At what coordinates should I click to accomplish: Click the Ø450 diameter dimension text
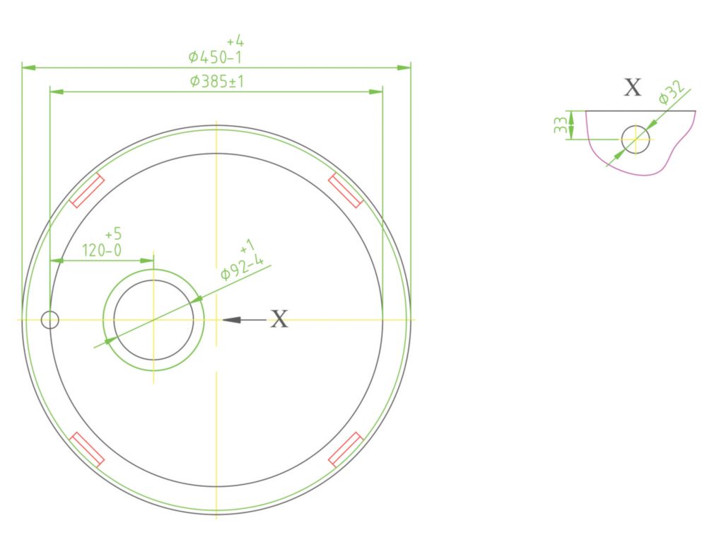pos(215,57)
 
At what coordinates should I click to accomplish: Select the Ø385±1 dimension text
pos(217,81)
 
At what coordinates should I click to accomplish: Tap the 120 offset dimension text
pos(101,250)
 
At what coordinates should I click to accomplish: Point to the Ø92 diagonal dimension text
pos(242,267)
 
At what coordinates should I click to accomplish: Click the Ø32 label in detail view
pos(672,93)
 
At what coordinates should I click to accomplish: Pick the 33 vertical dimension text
pos(559,125)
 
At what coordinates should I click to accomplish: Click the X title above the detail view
pos(632,87)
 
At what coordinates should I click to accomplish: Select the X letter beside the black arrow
pos(279,319)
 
